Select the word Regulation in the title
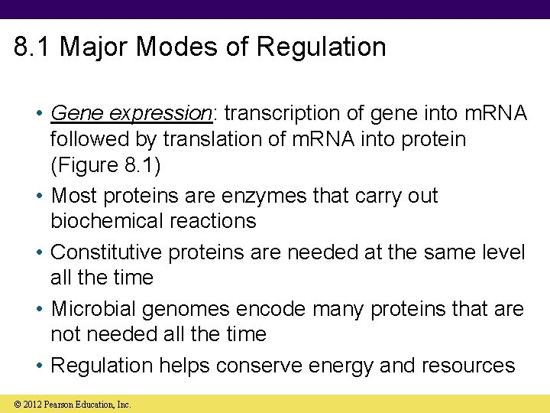click(x=321, y=47)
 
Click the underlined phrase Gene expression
click(x=131, y=113)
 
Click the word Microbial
click(x=99, y=309)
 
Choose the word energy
click(x=341, y=366)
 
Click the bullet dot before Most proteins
click(x=39, y=197)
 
